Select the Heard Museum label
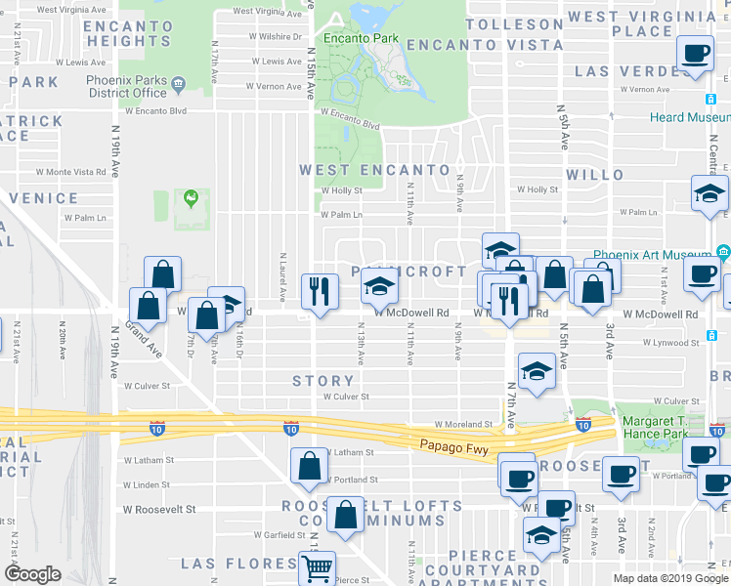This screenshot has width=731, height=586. click(690, 117)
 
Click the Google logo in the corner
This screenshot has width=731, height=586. click(33, 574)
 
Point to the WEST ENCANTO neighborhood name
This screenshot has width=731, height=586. click(374, 170)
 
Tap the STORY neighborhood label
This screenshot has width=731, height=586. click(323, 381)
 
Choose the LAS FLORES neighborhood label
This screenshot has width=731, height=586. click(239, 564)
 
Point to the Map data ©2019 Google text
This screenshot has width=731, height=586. click(670, 578)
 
